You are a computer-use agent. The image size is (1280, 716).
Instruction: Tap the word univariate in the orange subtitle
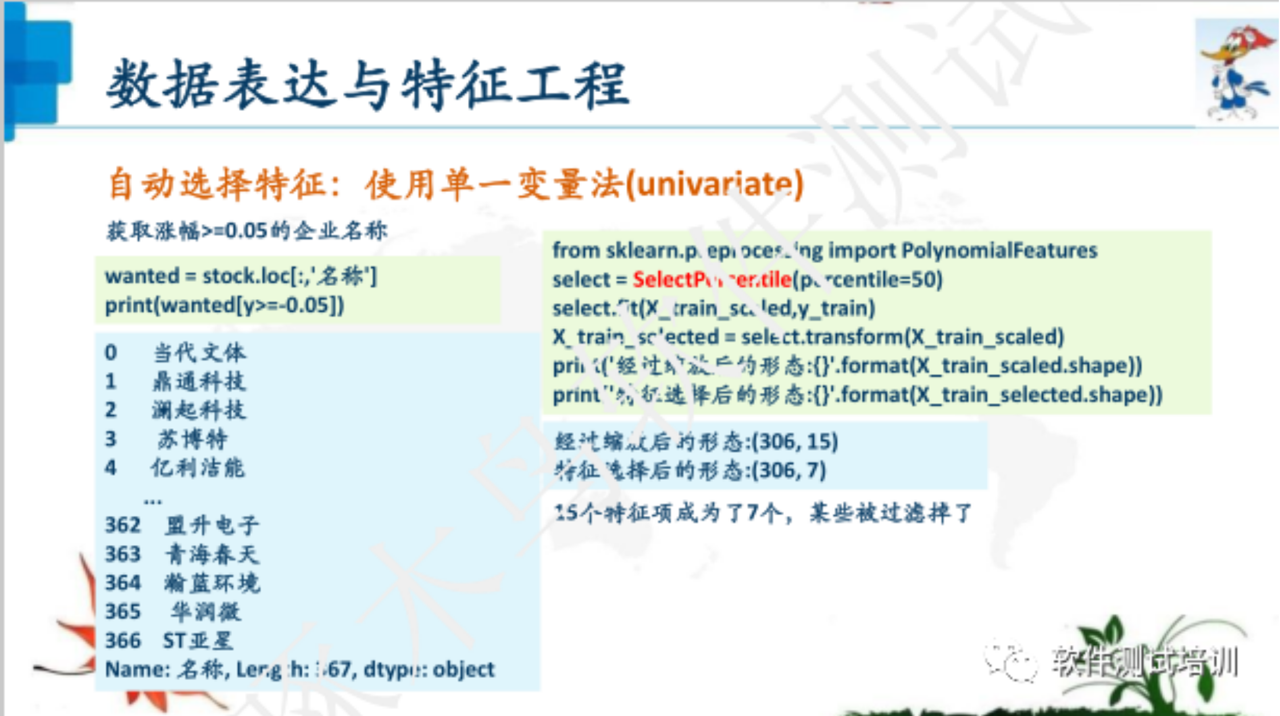click(x=714, y=185)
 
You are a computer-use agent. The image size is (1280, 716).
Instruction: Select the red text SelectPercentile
click(x=711, y=280)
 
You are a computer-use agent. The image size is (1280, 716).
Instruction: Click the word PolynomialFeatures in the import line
click(x=999, y=250)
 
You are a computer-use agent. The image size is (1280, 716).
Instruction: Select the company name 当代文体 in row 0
click(x=199, y=352)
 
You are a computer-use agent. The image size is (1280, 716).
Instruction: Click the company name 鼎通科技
click(x=199, y=381)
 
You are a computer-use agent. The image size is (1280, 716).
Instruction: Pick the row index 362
click(x=123, y=525)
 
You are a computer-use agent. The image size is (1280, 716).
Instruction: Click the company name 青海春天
click(x=212, y=554)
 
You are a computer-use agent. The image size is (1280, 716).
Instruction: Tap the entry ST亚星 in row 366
click(x=198, y=641)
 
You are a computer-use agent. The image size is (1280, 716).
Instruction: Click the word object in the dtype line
click(x=463, y=669)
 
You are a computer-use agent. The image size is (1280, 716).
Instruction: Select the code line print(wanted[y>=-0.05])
click(x=225, y=305)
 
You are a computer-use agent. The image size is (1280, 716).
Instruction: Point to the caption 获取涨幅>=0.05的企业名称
click(x=246, y=230)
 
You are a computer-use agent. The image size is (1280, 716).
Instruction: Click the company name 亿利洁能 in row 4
click(x=198, y=468)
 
